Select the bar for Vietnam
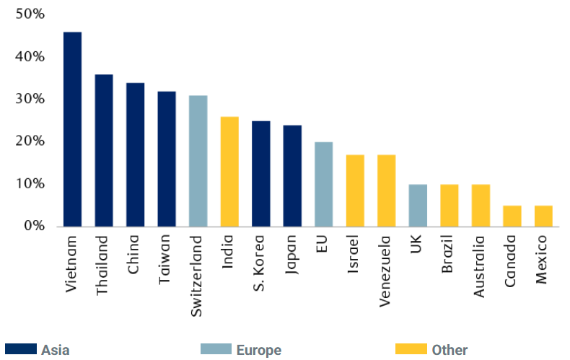coord(72,130)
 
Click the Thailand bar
coord(104,151)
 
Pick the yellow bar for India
coord(229,172)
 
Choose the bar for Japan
coord(292,176)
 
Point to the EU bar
coord(323,185)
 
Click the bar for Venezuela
coord(386,191)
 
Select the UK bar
coord(418,206)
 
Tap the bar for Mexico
coord(543,216)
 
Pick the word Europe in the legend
coord(258,351)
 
